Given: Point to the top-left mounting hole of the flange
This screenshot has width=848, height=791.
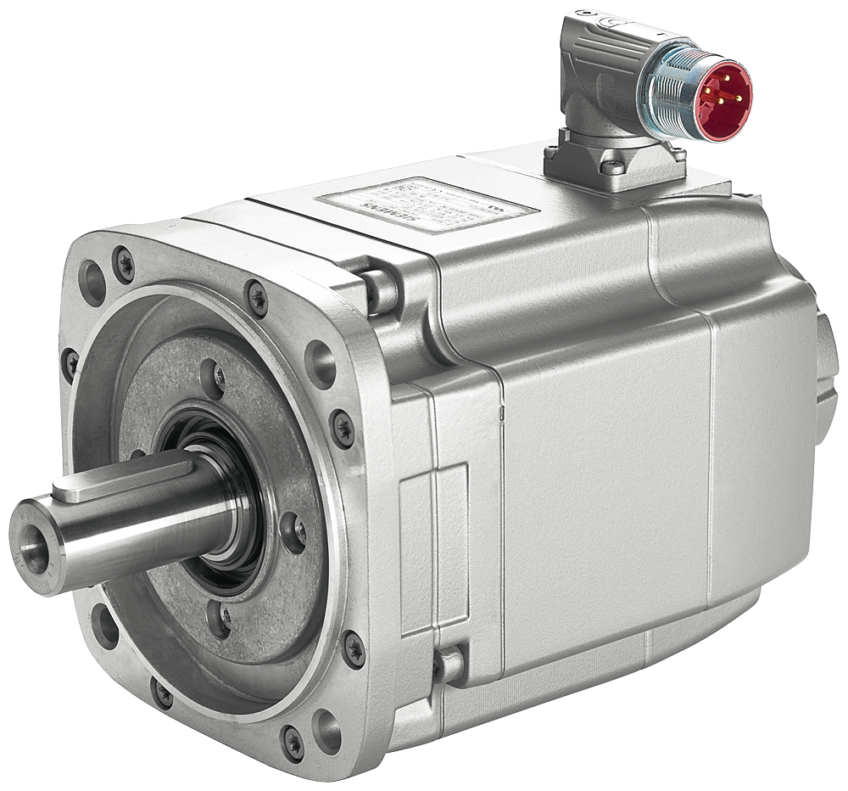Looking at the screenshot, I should tap(92, 281).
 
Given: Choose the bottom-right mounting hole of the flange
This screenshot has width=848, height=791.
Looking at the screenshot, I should tap(326, 732).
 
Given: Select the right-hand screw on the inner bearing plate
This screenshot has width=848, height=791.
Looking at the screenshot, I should tap(294, 531).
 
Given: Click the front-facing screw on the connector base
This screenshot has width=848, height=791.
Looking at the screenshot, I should tap(612, 167).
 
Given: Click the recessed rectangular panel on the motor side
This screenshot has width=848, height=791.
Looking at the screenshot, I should tap(433, 548).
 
